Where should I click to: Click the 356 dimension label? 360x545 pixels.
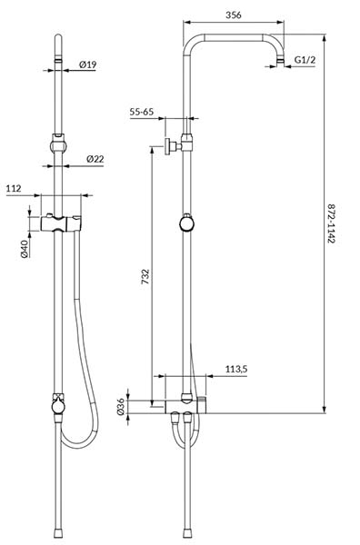pos(234,15)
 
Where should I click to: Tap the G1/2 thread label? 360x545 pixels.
pos(305,60)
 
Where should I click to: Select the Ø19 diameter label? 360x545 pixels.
pos(87,64)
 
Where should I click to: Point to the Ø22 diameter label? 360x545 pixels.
pos(95,159)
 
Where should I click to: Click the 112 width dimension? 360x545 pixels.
pos(14,188)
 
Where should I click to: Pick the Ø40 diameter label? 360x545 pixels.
pos(25,249)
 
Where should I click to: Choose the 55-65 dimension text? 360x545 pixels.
pos(142,112)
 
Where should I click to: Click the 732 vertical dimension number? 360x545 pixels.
pos(145,276)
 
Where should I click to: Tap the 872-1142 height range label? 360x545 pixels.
pos(331,223)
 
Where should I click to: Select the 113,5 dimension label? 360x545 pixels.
pos(236,369)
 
